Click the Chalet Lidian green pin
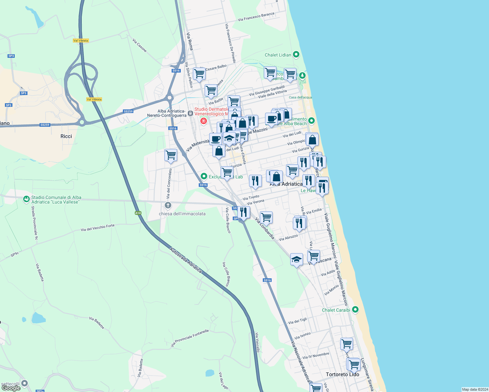coord(296,55)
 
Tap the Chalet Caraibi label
coord(336,310)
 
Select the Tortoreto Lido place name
coord(342,374)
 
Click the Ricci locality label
coord(66,136)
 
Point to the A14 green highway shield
coord(138,213)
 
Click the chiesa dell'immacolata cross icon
coord(168,205)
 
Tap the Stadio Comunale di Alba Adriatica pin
coord(26,199)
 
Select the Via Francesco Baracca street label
coord(256,17)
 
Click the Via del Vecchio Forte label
coord(98,227)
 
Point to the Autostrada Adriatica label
coord(185,260)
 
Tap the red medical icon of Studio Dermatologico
coord(204,121)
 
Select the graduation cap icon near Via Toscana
coord(296,260)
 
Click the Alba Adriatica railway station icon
coord(191,113)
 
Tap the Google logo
coord(11,388)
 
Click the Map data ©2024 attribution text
coord(475,389)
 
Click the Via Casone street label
coord(140,45)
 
